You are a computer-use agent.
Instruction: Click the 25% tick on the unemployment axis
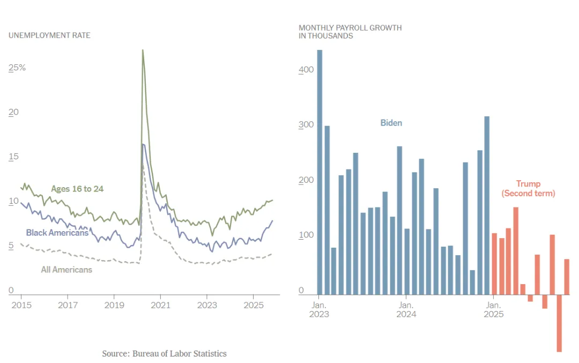pyautogui.click(x=17, y=68)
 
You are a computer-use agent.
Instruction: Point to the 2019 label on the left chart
pyautogui.click(x=114, y=305)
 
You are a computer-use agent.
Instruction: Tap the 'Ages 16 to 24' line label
pyautogui.click(x=77, y=189)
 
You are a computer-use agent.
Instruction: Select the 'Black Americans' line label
pyautogui.click(x=57, y=233)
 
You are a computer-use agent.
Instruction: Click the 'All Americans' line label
pyautogui.click(x=66, y=270)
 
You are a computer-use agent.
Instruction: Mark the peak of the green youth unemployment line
pyautogui.click(x=143, y=50)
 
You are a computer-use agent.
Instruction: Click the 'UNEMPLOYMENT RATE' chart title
pyautogui.click(x=49, y=35)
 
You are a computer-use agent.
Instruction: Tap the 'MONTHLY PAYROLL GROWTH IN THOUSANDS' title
pyautogui.click(x=350, y=32)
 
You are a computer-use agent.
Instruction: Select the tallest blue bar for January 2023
pyautogui.click(x=320, y=172)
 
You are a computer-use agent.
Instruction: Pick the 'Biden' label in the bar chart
pyautogui.click(x=391, y=123)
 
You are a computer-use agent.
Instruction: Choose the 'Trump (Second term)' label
pyautogui.click(x=528, y=189)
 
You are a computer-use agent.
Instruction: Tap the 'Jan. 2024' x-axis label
pyautogui.click(x=406, y=309)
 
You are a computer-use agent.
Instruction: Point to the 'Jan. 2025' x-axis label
pyautogui.click(x=494, y=309)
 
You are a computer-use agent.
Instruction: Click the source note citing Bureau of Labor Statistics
pyautogui.click(x=164, y=353)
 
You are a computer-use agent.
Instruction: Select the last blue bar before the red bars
pyautogui.click(x=487, y=205)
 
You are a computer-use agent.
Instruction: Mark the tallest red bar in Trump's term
pyautogui.click(x=516, y=251)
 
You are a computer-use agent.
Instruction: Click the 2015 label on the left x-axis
pyautogui.click(x=21, y=305)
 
